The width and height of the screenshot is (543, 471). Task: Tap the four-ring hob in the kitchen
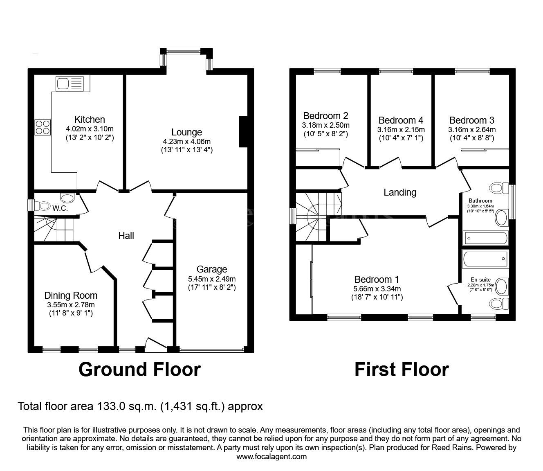[x=43, y=127]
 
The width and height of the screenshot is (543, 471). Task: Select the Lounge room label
[x=187, y=132]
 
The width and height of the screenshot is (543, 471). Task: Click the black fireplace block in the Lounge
[x=243, y=131]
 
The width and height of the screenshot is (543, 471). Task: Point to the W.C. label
[x=60, y=209]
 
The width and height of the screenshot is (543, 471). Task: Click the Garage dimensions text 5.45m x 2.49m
[x=212, y=279]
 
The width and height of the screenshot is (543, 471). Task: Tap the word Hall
[x=126, y=236]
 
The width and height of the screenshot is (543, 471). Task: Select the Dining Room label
[x=71, y=295]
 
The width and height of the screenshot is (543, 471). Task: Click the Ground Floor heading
[x=140, y=370]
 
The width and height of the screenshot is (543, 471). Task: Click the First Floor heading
[x=402, y=370]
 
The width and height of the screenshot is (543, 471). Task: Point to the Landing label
[x=400, y=192]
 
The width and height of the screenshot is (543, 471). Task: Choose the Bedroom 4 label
[x=401, y=120]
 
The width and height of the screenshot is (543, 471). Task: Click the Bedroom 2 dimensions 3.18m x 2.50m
[x=326, y=125]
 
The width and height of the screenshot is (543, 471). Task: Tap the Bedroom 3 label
[x=472, y=120]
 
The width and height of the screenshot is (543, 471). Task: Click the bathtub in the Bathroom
[x=485, y=238]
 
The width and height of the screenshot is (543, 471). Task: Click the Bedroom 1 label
[x=377, y=279]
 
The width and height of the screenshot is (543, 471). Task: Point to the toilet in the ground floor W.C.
[x=42, y=206]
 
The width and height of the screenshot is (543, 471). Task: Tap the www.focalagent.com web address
[x=271, y=457]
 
